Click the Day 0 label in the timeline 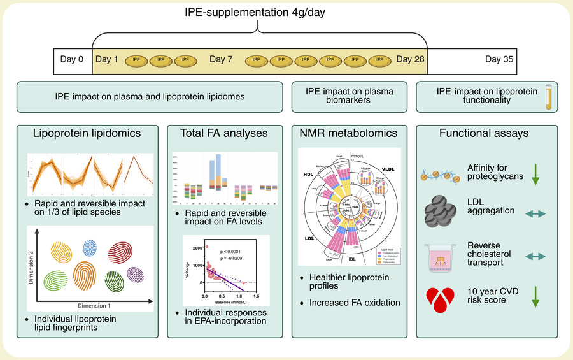pyautogui.click(x=72, y=59)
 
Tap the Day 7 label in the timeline pyautogui.click(x=221, y=59)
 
